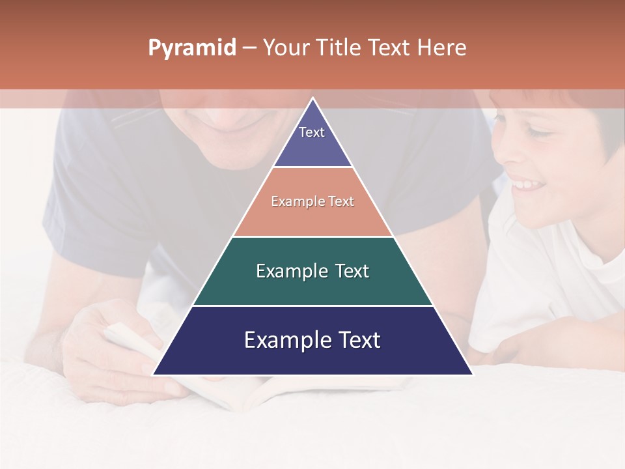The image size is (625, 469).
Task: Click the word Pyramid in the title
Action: [x=192, y=48]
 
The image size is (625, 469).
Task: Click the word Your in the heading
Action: [x=286, y=48]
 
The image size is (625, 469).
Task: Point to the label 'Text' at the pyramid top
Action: [x=312, y=132]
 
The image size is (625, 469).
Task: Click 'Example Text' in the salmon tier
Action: [x=312, y=201]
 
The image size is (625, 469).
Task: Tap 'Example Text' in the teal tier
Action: [x=312, y=271]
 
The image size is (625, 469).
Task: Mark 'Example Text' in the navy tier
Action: [x=312, y=340]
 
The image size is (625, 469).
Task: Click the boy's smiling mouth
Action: [x=527, y=186]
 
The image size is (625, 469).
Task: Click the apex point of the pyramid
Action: [x=312, y=100]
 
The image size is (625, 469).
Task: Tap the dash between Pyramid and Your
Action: [x=249, y=48]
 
